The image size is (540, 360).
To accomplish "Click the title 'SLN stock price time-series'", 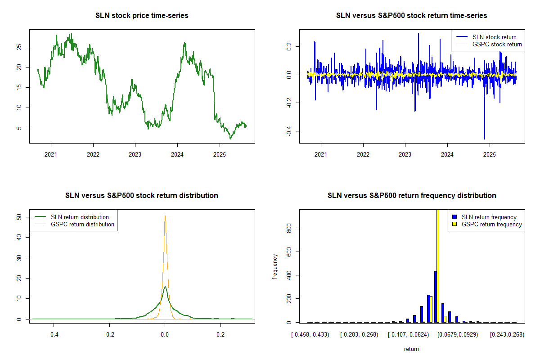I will pyautogui.click(x=142, y=16).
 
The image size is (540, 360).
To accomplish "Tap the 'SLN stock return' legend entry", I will pyautogui.click(x=494, y=37).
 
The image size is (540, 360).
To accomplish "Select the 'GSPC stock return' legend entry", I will pyautogui.click(x=497, y=45).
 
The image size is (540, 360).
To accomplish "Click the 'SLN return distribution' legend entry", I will pyautogui.click(x=80, y=217).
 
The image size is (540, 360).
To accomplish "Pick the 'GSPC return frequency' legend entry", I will pyautogui.click(x=492, y=224).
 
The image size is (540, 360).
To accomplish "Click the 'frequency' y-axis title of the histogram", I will pyautogui.click(x=275, y=266).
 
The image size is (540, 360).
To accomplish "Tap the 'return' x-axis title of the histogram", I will pyautogui.click(x=411, y=349).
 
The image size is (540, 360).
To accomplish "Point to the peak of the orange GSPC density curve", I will pyautogui.click(x=165, y=216).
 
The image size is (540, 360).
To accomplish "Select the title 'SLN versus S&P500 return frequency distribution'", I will pyautogui.click(x=412, y=196).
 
